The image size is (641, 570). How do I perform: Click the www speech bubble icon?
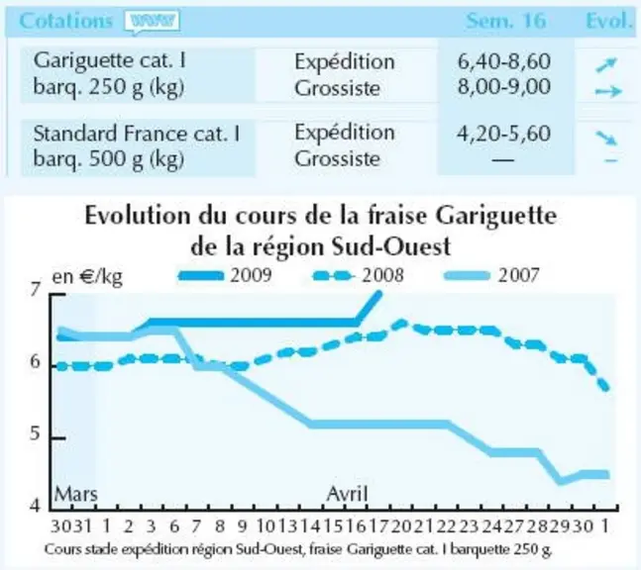(152, 21)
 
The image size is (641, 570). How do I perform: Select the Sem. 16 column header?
(506, 21)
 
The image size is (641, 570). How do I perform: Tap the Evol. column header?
(608, 21)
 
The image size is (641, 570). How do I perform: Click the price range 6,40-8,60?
(503, 61)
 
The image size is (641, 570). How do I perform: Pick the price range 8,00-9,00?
(503, 86)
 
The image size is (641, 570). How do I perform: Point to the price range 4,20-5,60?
(503, 134)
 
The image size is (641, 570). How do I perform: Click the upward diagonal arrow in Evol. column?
(606, 64)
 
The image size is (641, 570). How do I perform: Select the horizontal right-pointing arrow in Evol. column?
(608, 91)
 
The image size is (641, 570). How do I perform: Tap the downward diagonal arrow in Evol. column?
(606, 138)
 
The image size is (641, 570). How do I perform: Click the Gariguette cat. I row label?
(110, 73)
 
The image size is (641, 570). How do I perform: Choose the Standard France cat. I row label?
(137, 145)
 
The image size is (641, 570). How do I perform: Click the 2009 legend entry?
(225, 276)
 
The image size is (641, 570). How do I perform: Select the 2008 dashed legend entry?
(358, 276)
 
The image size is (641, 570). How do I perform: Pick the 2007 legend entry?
(491, 276)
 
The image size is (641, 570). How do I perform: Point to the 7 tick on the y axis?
(36, 290)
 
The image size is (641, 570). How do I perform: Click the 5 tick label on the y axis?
(36, 433)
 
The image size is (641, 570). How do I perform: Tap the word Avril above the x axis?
(347, 494)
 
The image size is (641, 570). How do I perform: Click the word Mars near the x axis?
(76, 494)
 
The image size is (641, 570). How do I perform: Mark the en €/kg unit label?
(87, 277)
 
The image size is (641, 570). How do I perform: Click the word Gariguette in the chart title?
(495, 217)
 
